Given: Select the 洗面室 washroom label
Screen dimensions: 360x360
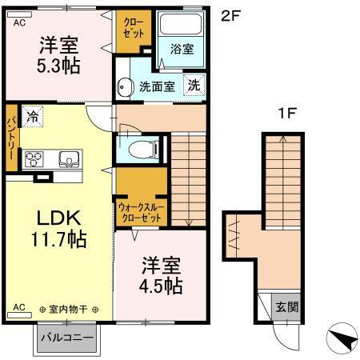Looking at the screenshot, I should pos(157,86).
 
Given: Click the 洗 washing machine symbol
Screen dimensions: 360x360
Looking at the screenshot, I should pos(195,83).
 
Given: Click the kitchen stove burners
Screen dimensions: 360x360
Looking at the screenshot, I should pos(34,158).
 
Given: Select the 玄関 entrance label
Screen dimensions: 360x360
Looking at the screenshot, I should pos(287,306).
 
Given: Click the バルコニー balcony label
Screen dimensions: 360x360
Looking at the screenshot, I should pos(66,336).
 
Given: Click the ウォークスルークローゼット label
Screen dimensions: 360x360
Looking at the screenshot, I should pos(142,211).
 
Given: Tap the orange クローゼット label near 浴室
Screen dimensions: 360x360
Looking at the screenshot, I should pos(132,29).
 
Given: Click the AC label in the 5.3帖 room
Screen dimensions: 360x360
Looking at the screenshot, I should pos(18,23).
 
